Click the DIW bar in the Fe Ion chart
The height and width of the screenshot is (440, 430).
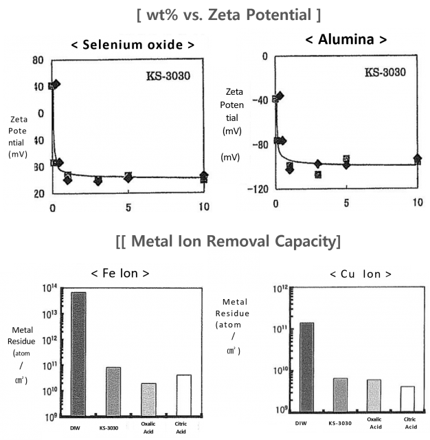pos(78,354)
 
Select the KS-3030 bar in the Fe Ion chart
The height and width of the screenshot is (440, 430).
pos(113,391)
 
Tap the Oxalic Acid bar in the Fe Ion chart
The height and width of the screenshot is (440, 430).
pos(148,399)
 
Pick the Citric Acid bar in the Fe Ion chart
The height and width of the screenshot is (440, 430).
pos(183,395)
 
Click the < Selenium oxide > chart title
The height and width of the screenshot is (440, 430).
pos(132,45)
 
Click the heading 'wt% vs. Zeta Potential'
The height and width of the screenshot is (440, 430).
pos(214,13)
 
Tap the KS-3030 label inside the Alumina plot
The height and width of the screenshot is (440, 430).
pos(385,71)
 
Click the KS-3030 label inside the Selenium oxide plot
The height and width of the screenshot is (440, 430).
pos(168,75)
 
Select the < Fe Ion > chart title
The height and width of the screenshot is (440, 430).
pos(120,274)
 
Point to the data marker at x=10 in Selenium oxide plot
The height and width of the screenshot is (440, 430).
pos(203,177)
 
